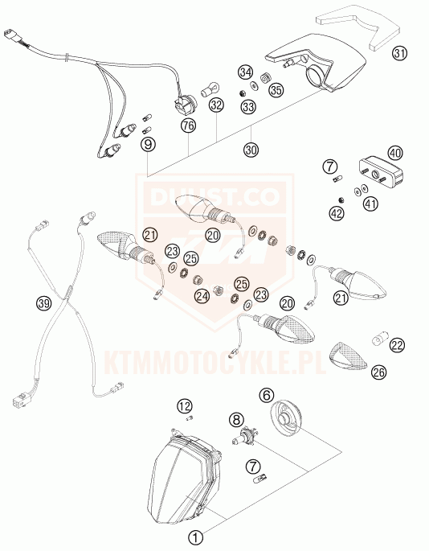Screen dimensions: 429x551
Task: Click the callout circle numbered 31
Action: click(399, 54)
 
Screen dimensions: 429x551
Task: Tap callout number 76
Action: click(189, 125)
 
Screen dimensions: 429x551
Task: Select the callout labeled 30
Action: click(251, 150)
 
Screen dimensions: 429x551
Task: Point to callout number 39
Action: click(44, 303)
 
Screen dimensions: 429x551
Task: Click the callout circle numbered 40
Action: click(395, 153)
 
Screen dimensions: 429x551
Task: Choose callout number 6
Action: click(267, 395)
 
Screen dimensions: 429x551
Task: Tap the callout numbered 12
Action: click(185, 406)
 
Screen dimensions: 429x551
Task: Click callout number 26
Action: click(379, 372)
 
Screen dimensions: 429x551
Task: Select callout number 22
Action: click(397, 345)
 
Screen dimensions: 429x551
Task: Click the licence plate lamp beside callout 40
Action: click(381, 172)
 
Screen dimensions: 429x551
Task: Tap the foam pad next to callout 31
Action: click(358, 27)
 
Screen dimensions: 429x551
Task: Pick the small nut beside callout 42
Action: click(340, 200)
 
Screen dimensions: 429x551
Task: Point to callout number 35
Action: click(276, 90)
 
